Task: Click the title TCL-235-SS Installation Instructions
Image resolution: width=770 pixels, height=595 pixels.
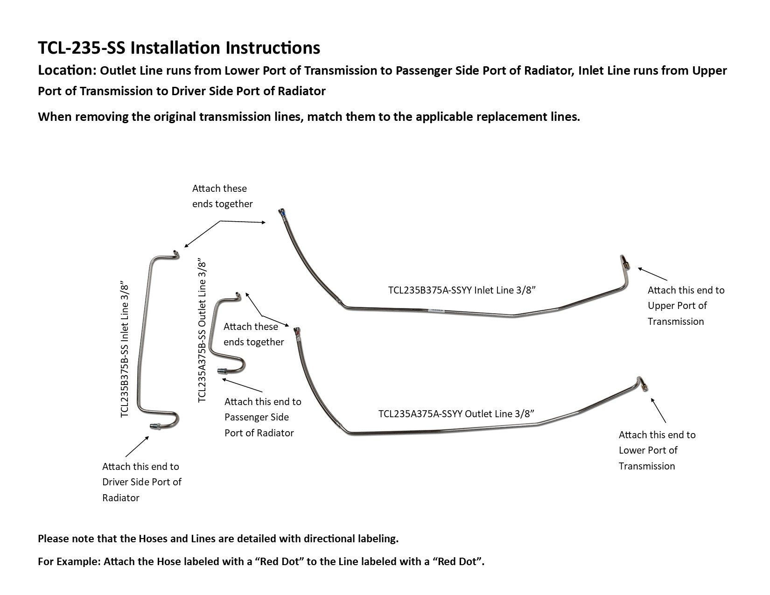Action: [179, 48]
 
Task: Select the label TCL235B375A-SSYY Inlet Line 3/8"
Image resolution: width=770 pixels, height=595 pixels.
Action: [462, 290]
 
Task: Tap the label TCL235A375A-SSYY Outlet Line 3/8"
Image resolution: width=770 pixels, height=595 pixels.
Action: [456, 414]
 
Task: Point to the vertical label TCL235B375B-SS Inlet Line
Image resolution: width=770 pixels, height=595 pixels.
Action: [125, 349]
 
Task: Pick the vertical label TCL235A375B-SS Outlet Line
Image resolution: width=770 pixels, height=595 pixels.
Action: [202, 331]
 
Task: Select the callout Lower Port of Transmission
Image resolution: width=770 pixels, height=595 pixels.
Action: [657, 450]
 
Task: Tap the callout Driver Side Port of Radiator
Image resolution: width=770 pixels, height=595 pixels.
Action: [141, 482]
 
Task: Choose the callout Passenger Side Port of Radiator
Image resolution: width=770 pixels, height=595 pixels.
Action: [263, 417]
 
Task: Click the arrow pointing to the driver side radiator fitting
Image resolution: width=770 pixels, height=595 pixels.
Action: [137, 446]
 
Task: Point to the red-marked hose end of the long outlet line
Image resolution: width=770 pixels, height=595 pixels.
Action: [296, 332]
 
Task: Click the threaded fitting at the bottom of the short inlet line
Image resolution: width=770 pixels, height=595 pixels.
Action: [155, 426]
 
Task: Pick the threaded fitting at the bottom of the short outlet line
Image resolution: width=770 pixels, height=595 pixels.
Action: [223, 371]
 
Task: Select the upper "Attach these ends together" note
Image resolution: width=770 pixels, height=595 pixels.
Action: [222, 196]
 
